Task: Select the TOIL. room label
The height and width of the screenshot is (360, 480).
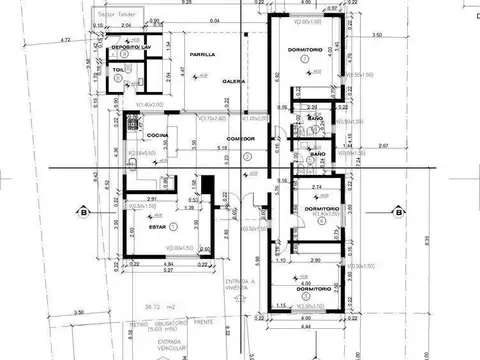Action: [118, 70]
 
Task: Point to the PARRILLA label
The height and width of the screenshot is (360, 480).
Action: [202, 54]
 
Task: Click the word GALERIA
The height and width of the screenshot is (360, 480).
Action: [234, 80]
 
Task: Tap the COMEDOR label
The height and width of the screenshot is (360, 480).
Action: [238, 139]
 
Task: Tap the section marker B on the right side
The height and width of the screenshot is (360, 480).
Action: [398, 211]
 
